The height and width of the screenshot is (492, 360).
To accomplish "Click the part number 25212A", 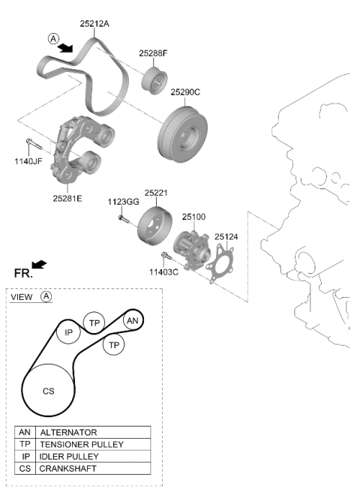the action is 94,23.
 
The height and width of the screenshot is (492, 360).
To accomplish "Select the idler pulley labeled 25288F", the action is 154,81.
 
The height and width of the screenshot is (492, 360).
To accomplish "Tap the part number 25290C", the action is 185,92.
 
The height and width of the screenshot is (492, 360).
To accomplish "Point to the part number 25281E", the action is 67,198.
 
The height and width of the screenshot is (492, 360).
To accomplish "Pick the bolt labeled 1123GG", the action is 123,219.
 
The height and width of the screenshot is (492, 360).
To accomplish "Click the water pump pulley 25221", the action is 154,226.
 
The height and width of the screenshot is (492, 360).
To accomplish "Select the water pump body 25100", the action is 193,250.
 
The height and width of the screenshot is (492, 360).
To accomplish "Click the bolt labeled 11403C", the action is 166,256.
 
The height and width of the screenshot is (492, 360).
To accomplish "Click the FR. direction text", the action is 23,273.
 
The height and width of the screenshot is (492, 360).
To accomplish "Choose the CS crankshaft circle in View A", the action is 48,391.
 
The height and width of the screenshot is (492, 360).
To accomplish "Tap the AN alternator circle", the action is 133,320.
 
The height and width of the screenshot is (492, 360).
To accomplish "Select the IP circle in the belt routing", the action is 68,332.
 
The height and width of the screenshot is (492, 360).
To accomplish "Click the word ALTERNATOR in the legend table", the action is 68,433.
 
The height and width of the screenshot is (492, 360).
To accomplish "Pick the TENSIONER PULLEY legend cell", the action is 93,444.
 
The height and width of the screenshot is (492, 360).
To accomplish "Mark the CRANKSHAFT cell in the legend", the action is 93,468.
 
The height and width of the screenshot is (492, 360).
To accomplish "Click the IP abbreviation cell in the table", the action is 25,456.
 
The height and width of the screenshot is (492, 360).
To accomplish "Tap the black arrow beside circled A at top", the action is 65,48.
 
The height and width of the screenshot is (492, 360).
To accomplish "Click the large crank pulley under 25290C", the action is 182,134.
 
